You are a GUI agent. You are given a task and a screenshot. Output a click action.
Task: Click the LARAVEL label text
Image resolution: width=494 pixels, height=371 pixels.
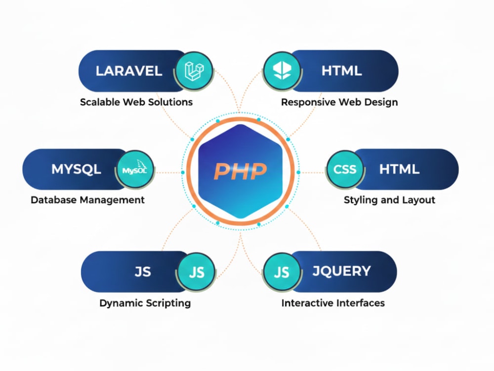(129, 71)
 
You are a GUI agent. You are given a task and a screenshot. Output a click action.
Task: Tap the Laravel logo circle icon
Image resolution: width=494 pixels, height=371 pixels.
(194, 70)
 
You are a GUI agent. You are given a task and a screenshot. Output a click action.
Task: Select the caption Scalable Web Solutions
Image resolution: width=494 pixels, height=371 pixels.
(136, 102)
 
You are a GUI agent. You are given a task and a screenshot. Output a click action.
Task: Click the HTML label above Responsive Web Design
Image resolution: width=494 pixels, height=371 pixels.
(341, 71)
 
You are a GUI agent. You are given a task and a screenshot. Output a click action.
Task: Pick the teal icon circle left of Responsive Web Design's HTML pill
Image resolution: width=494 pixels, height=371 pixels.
(282, 70)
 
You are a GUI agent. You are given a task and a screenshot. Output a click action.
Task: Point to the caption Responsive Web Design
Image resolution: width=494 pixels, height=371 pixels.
(339, 102)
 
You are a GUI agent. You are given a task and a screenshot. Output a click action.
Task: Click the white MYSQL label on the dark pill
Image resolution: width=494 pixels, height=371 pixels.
(76, 169)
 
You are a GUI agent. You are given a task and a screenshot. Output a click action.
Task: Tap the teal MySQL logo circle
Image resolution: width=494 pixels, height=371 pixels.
(135, 169)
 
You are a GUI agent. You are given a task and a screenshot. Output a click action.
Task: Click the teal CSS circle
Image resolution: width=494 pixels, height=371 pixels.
(345, 169)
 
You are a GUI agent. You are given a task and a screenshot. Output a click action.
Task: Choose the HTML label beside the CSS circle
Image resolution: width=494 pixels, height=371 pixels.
(399, 169)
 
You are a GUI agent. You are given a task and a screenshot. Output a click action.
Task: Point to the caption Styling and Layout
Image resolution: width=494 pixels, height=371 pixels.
(389, 200)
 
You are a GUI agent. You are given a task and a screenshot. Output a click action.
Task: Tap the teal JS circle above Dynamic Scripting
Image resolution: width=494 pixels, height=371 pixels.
(196, 272)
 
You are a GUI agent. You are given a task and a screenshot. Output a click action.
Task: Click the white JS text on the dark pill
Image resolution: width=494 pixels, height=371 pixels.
(143, 272)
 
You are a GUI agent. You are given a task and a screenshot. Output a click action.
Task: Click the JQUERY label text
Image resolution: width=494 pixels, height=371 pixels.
(341, 271)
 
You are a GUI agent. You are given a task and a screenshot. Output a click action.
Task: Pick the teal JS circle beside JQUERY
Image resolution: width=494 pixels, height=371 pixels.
(282, 272)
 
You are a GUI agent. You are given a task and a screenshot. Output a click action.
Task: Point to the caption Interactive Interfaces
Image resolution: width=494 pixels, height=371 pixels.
(333, 303)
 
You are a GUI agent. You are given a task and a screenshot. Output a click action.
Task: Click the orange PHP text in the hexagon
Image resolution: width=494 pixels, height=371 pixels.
(241, 171)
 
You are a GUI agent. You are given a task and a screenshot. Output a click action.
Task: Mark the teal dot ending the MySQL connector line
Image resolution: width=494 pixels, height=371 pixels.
(183, 173)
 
